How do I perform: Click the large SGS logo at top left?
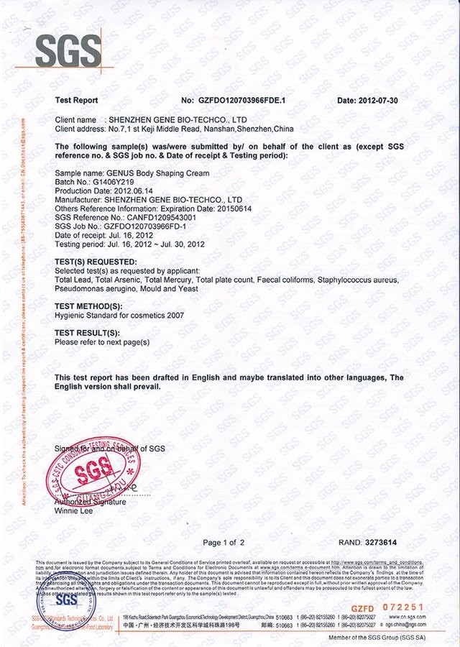point(69,50)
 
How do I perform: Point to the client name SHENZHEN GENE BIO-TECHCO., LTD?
point(177,119)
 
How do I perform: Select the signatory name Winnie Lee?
point(73,510)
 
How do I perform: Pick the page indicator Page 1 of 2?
point(224,542)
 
